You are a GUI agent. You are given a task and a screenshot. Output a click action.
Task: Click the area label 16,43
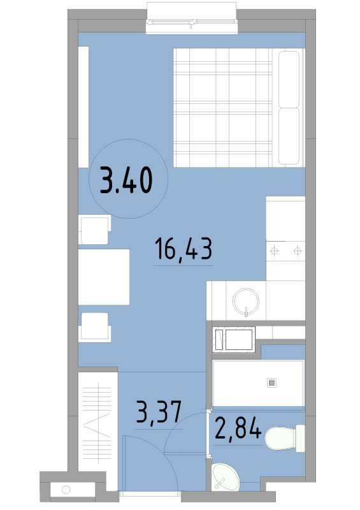point(184,249)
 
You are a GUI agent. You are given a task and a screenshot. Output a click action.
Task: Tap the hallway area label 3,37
point(159,412)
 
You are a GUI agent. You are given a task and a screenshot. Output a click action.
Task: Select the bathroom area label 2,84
point(238,428)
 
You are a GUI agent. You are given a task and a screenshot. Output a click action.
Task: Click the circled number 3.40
point(126,180)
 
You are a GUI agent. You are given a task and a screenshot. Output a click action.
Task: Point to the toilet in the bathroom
point(285,438)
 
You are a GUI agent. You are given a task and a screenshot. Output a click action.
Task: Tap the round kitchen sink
point(246,301)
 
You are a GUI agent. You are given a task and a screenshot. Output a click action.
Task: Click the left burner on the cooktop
point(275,251)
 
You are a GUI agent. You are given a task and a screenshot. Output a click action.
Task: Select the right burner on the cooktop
point(298,251)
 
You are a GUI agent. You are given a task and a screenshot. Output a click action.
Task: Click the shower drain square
point(271,383)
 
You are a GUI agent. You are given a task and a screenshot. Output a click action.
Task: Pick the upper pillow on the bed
point(289,79)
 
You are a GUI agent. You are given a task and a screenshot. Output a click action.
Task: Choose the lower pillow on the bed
point(289,136)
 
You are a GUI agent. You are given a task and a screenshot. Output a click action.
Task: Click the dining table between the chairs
point(104,277)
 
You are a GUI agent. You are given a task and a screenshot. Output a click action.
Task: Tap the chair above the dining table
point(95,229)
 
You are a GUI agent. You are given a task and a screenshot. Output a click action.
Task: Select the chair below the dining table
point(95,327)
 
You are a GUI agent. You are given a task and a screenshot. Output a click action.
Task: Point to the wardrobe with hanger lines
point(97,422)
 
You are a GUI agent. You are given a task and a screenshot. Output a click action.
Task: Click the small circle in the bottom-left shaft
point(66,490)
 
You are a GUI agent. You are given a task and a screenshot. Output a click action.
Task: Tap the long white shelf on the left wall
point(83,107)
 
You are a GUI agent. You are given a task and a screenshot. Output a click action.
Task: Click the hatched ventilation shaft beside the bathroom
point(233,340)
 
